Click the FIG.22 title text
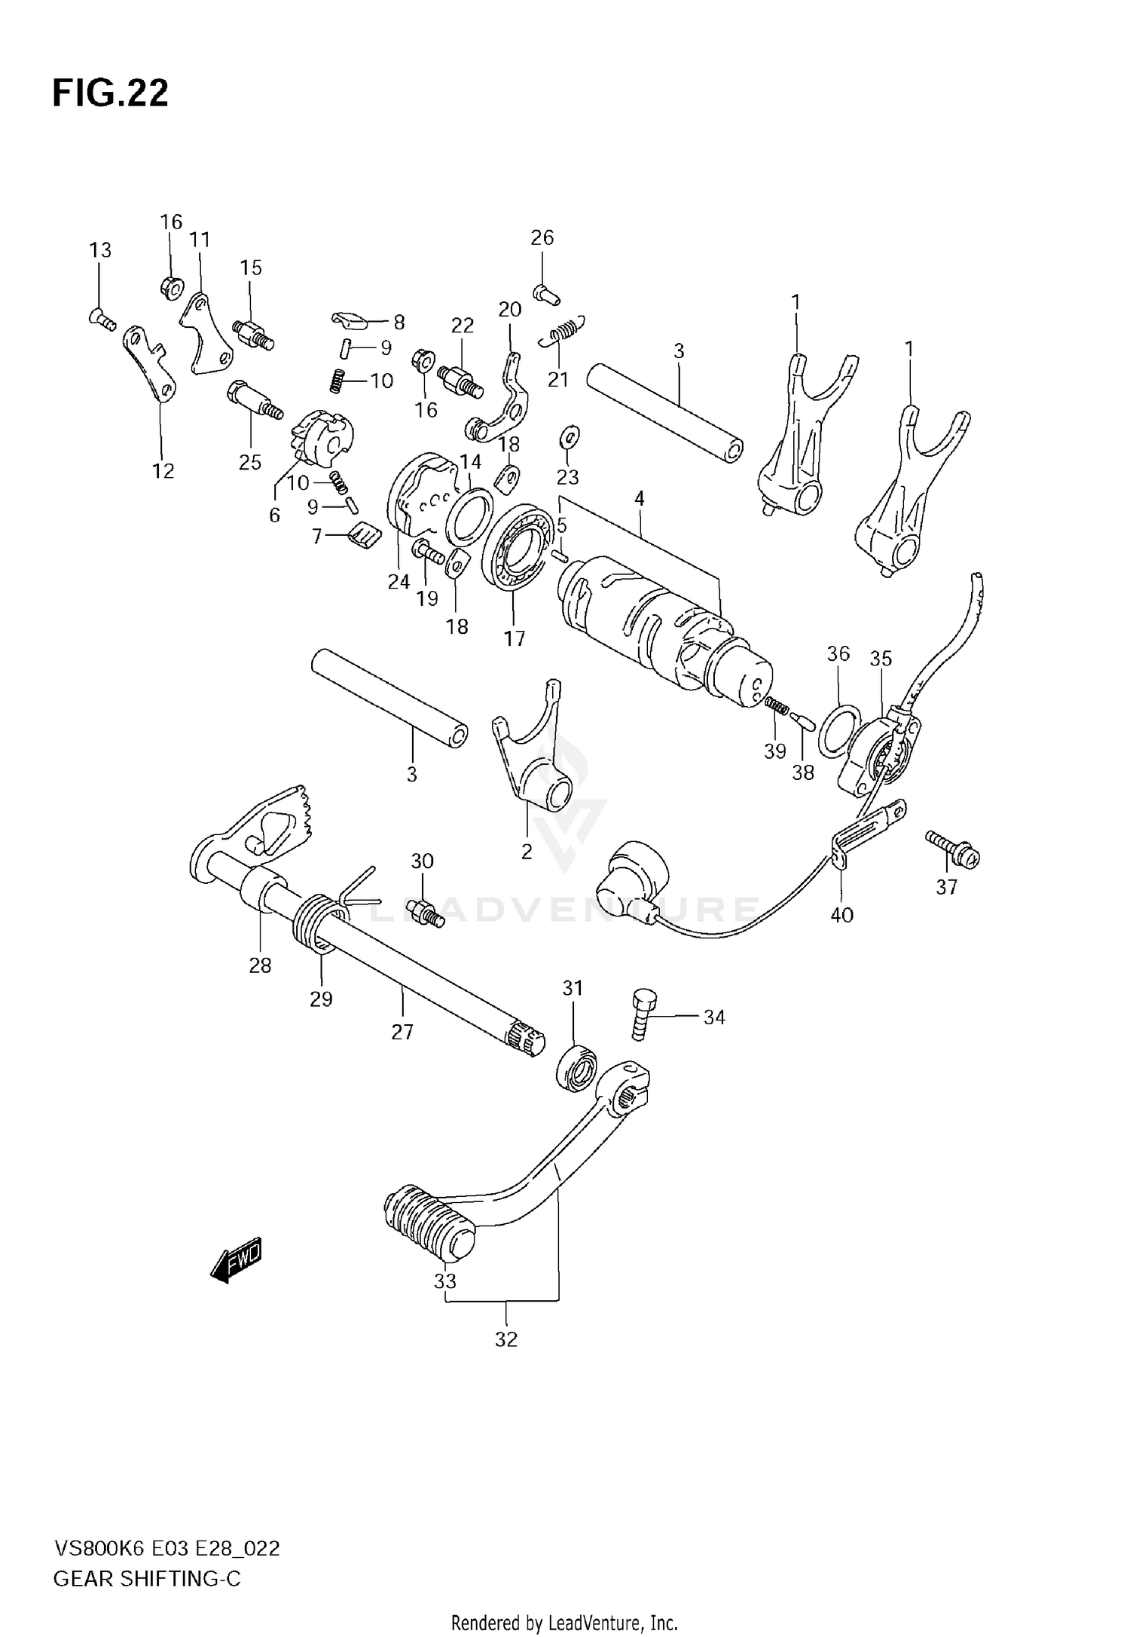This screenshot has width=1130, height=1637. [110, 94]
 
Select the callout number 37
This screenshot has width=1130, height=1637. [946, 887]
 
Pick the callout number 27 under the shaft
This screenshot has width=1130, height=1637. [402, 1031]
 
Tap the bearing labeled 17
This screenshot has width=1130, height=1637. [515, 558]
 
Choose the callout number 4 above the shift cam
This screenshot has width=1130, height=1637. [639, 498]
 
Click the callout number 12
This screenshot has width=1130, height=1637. [163, 471]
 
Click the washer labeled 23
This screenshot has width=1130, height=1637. [569, 435]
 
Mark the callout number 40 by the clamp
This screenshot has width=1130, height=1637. [841, 915]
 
